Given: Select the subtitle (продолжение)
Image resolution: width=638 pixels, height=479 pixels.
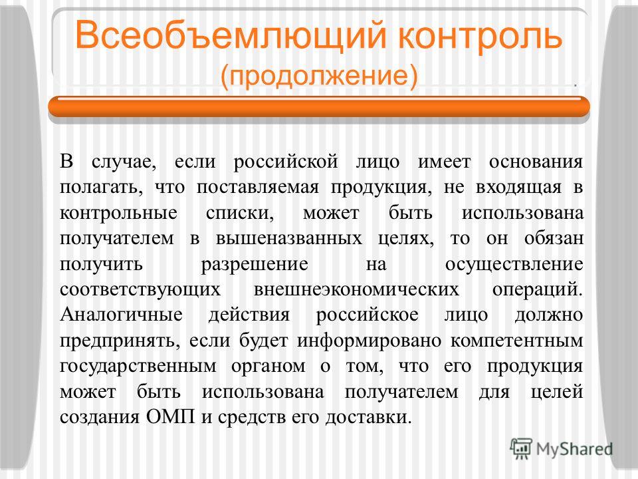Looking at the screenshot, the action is [319, 75].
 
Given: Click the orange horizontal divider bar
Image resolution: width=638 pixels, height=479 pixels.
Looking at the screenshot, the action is [319, 106].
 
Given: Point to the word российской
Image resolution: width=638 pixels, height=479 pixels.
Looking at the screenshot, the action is [285, 162].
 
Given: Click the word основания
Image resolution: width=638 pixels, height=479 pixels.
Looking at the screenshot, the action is [536, 162].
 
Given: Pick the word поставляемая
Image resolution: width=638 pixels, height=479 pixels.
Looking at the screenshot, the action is [258, 188].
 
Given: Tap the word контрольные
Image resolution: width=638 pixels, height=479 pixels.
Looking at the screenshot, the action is [118, 213].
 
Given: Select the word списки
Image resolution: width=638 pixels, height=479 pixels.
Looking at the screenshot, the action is [240, 214].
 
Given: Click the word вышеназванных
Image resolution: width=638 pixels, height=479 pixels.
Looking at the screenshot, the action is [289, 238].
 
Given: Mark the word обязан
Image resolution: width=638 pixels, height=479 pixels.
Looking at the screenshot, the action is [554, 238].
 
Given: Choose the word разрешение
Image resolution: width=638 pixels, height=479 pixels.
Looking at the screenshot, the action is [255, 264].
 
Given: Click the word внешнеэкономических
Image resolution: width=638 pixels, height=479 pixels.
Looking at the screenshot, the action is [356, 289].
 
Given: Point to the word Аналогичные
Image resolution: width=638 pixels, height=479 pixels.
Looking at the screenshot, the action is [121, 315].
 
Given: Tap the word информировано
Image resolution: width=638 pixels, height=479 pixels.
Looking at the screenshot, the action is [369, 341].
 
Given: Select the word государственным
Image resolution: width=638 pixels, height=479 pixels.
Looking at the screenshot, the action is [138, 366].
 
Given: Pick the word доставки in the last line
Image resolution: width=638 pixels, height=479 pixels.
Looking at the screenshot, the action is [368, 417].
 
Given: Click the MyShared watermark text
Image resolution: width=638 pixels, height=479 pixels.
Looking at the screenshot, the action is [574, 449].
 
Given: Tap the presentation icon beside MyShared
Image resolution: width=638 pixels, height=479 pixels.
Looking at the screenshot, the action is [521, 449].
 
